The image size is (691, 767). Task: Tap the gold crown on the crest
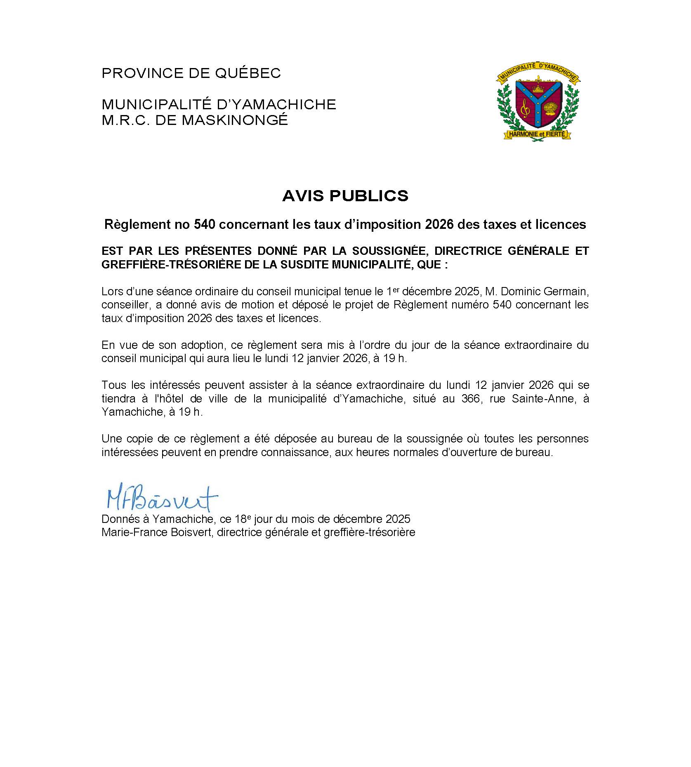point(538,87)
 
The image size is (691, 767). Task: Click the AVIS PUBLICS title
point(345,195)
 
